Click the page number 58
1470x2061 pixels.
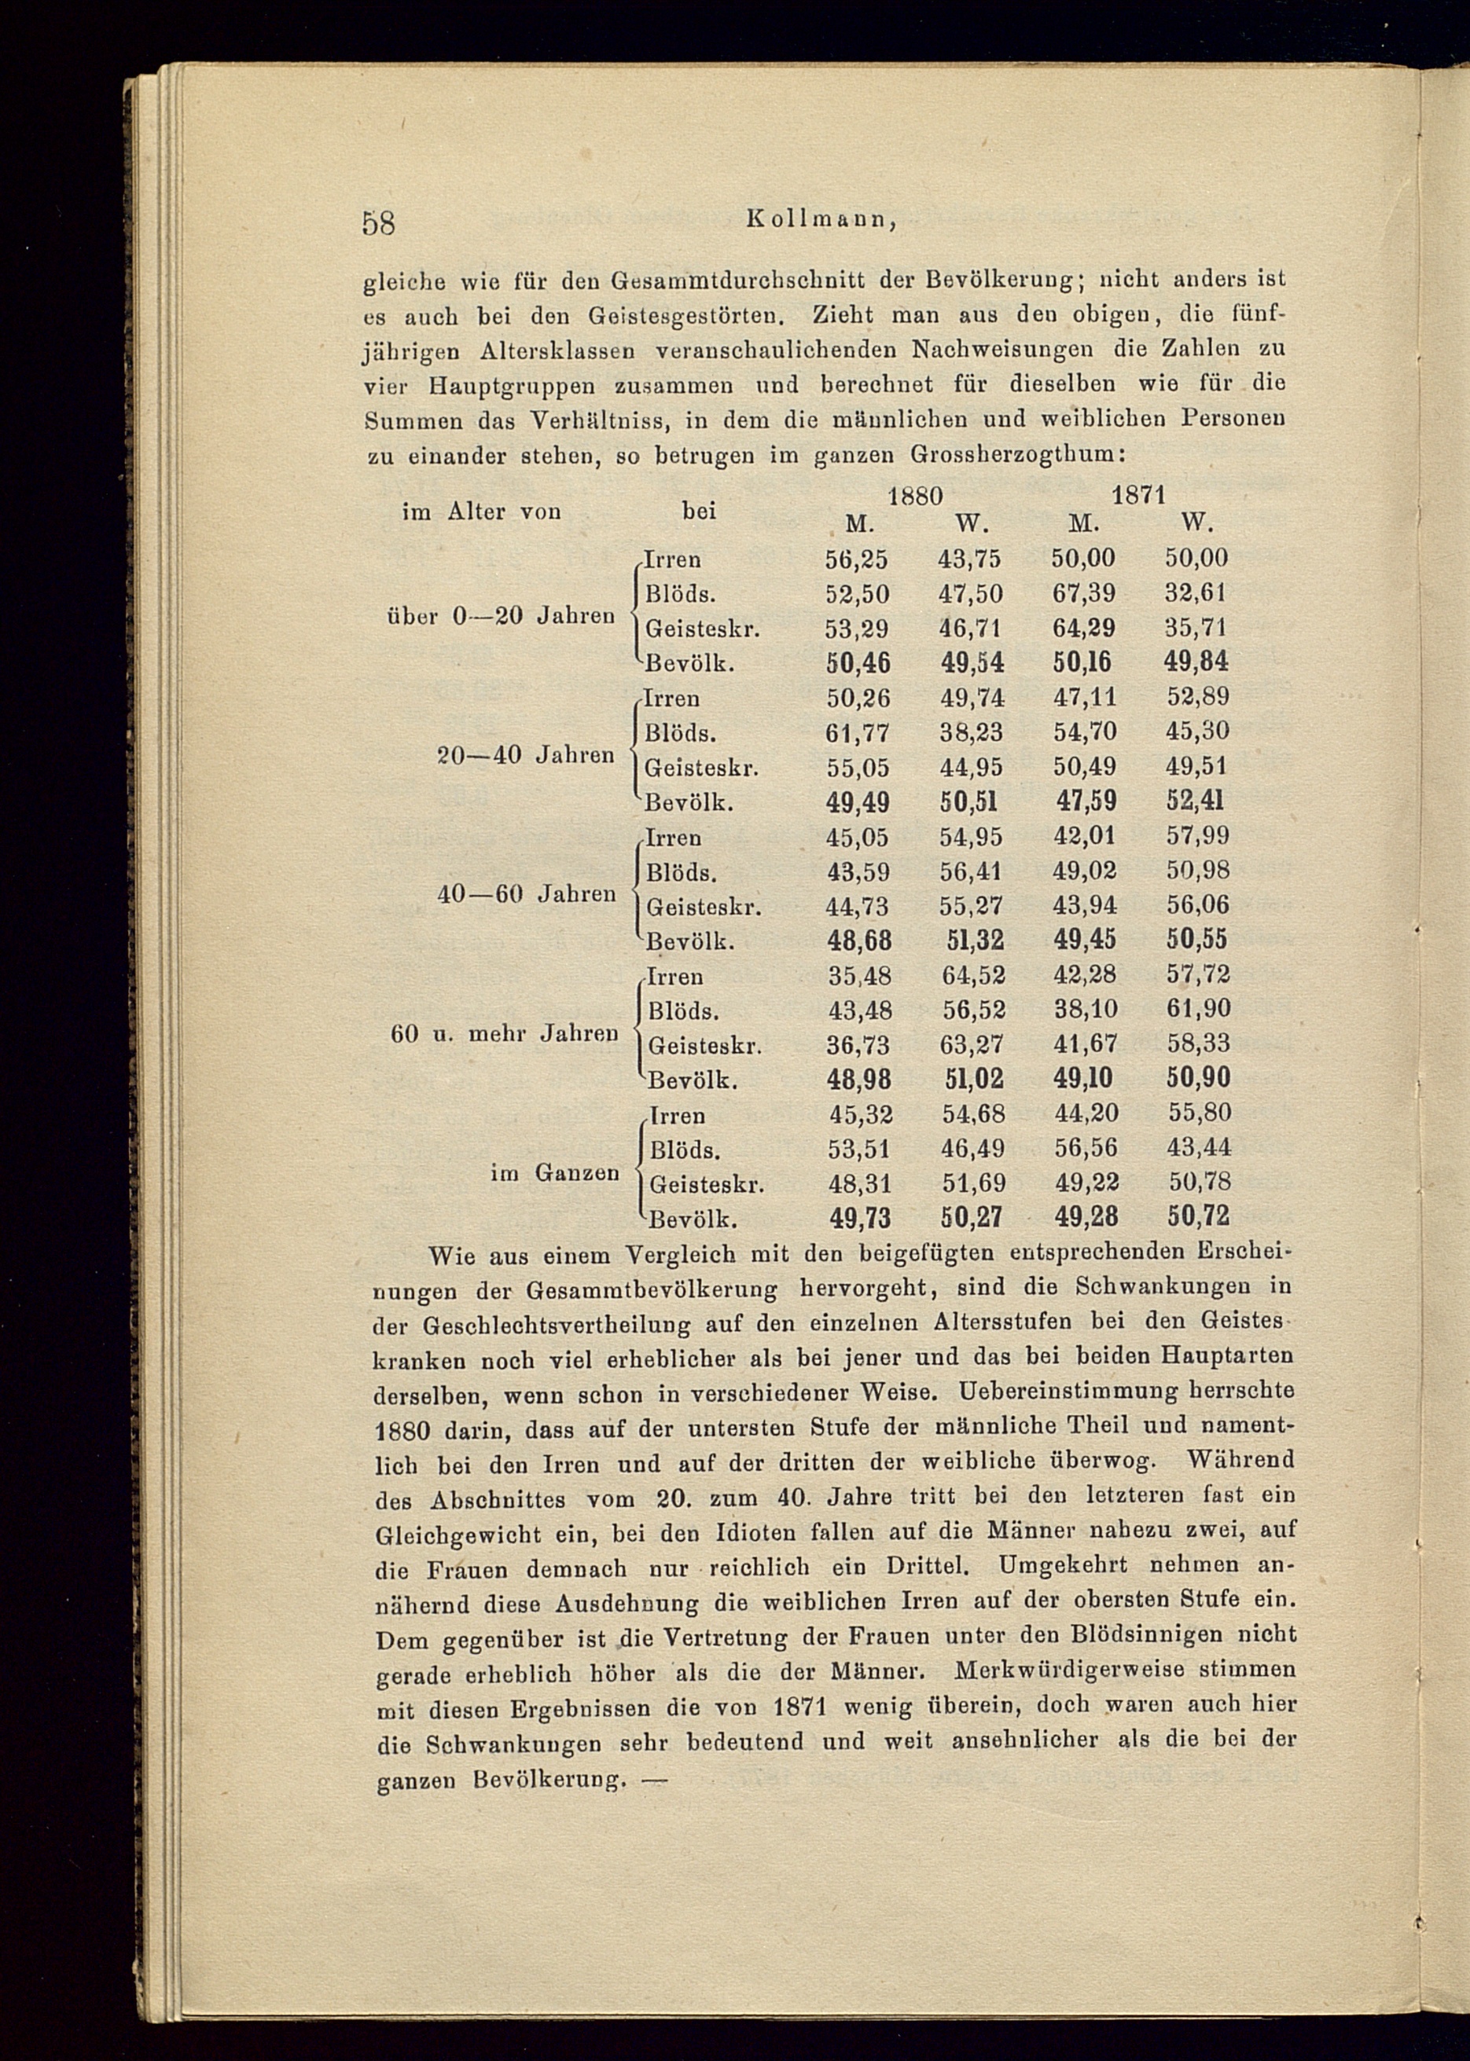pyautogui.click(x=378, y=222)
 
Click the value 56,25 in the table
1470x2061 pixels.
pyautogui.click(x=856, y=560)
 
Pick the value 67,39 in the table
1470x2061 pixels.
pyautogui.click(x=1082, y=593)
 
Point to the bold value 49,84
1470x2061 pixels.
pyautogui.click(x=1196, y=662)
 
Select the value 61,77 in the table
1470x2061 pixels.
pyautogui.click(x=856, y=732)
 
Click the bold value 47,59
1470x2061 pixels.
pyautogui.click(x=1086, y=801)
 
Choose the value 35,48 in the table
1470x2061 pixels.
pyautogui.click(x=858, y=975)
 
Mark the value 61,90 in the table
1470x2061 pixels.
pyautogui.click(x=1197, y=1009)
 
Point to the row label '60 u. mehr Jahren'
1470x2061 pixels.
pyautogui.click(x=504, y=1033)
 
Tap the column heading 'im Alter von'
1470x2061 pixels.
pyautogui.click(x=480, y=512)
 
